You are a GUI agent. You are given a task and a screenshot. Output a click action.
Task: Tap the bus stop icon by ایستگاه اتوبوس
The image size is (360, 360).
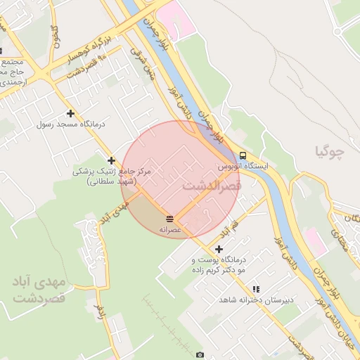(x=243, y=155)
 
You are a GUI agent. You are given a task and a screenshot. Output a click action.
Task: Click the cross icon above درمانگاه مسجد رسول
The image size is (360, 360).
(x=70, y=113)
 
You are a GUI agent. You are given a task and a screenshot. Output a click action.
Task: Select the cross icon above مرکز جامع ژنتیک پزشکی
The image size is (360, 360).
(x=111, y=161)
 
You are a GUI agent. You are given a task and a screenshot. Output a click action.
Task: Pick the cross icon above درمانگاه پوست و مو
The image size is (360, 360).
(x=219, y=249)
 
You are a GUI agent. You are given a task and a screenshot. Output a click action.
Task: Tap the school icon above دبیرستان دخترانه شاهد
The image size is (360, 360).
(x=256, y=289)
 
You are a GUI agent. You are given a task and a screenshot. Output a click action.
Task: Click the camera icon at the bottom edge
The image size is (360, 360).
(x=200, y=355)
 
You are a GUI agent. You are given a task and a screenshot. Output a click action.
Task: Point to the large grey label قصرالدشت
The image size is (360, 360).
(x=212, y=186)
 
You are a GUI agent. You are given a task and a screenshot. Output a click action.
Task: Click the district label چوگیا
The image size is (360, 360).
(x=331, y=150)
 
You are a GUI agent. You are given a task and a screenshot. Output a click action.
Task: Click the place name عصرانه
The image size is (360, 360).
(x=170, y=230)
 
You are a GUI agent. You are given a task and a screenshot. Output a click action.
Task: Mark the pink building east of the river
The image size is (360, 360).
(x=315, y=243)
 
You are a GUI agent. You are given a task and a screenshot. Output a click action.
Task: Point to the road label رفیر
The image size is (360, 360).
(x=101, y=310)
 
